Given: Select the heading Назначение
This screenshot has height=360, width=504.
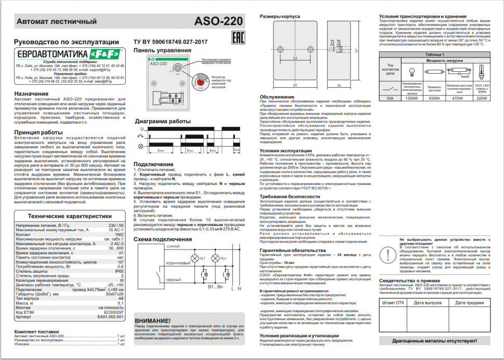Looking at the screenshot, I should coord(31,94).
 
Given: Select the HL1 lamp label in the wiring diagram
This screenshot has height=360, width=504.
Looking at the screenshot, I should coord(202,258).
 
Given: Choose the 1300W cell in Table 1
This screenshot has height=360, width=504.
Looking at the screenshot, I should coord(412,97).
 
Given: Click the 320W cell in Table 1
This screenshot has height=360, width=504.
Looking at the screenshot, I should coord(482,97).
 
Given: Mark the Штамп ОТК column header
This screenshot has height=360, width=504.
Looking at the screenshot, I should coord(392,302).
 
